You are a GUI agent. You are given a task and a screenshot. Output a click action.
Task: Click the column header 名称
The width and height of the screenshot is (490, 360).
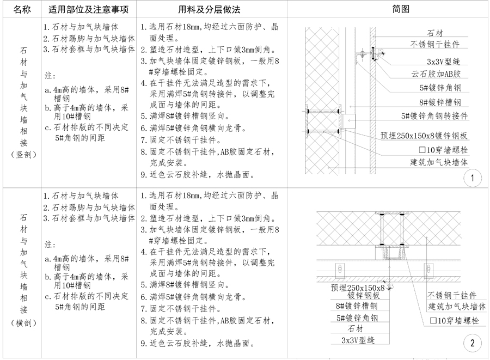point(21,10)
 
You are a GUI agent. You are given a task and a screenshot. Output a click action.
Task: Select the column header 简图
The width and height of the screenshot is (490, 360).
point(401,10)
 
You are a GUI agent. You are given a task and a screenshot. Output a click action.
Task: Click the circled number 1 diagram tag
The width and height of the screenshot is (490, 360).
point(471,178)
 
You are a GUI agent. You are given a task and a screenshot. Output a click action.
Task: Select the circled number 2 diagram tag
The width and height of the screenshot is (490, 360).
point(471,343)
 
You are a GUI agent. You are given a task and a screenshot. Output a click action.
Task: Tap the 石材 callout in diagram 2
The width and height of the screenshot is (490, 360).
point(353,328)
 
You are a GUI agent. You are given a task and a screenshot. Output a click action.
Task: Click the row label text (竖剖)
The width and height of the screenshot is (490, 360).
point(21,155)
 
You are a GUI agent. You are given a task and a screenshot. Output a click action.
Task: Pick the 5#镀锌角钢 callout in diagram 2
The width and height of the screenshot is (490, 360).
point(357,317)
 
